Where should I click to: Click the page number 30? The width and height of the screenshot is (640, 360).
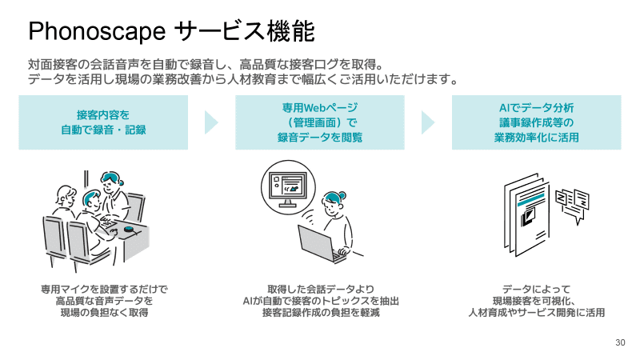coord(620,342)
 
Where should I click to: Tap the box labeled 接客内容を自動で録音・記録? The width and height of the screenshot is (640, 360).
coord(103,122)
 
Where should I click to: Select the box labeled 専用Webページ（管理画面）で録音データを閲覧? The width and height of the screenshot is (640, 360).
coord(320,122)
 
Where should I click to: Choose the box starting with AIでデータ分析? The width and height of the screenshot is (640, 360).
coord(536,122)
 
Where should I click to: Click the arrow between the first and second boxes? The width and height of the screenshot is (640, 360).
coord(211,122)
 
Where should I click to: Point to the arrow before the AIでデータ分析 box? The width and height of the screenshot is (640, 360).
coord(428,122)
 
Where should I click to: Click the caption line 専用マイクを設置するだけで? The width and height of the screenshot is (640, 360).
coord(103,289)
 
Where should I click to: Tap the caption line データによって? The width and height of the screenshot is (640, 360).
coord(536,289)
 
